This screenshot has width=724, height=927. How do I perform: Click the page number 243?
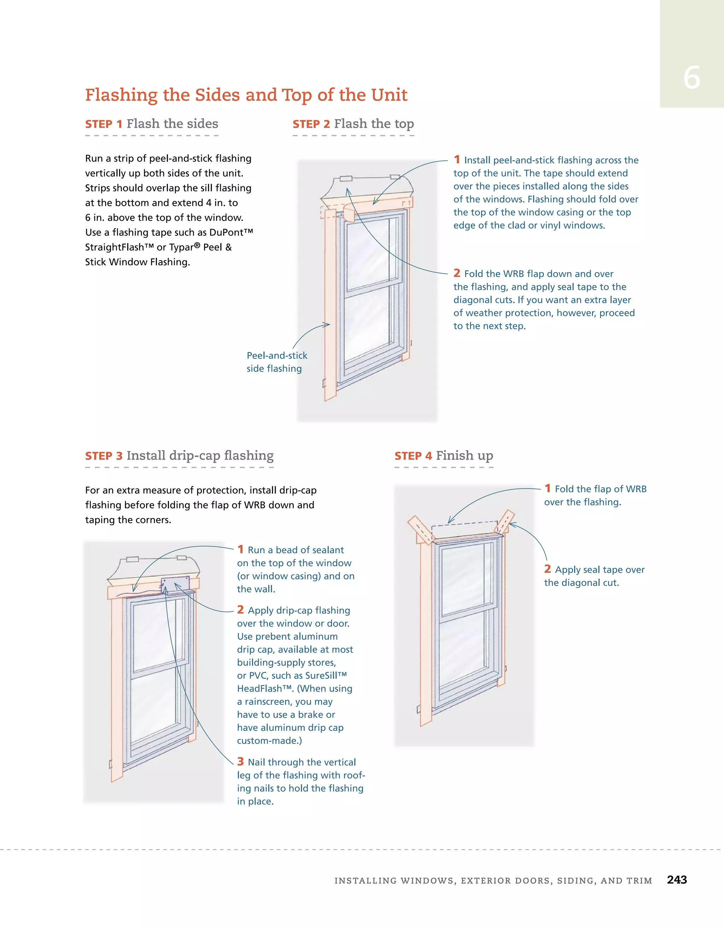[x=677, y=880]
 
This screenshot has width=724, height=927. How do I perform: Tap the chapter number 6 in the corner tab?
[x=691, y=78]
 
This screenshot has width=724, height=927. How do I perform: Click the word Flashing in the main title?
[x=121, y=95]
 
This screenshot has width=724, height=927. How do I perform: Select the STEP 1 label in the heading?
[x=104, y=124]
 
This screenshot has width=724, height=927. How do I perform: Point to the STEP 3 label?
[x=104, y=456]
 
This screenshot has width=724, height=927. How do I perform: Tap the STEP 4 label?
[x=413, y=456]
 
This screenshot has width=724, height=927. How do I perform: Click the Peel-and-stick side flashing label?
[x=276, y=362]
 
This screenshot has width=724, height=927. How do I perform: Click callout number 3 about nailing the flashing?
[x=240, y=761]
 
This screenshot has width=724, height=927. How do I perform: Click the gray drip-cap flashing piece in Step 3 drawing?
[x=175, y=585]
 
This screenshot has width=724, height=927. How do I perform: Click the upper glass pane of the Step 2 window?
[x=368, y=251]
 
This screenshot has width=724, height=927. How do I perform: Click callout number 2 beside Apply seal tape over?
[x=548, y=569]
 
